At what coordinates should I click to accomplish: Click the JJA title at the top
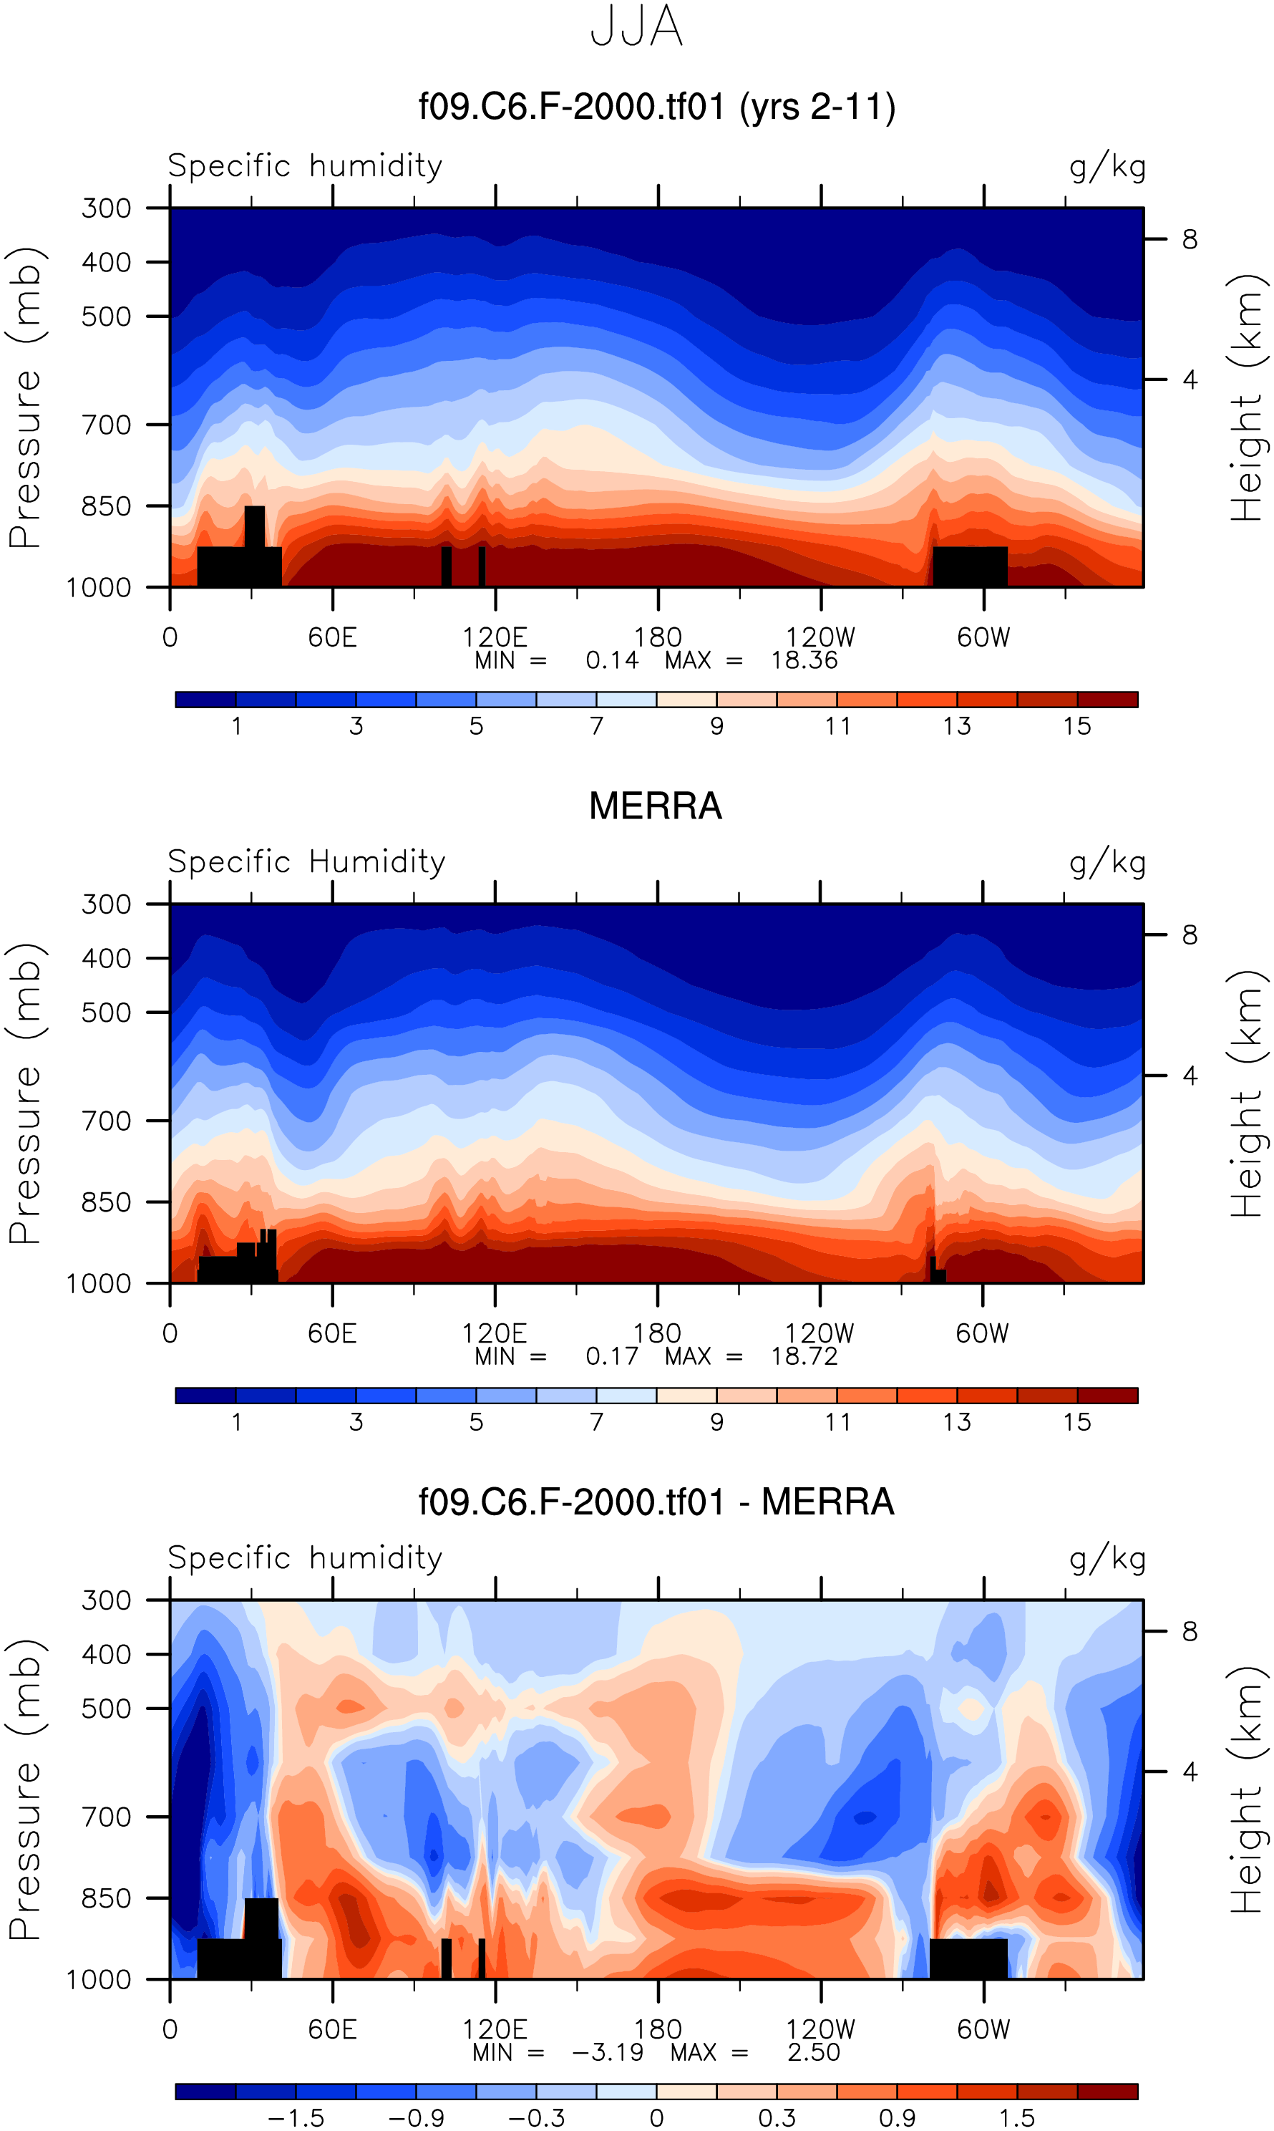coord(636,27)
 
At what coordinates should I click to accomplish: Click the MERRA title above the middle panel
coord(655,806)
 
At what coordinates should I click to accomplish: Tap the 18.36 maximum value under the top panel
coord(804,659)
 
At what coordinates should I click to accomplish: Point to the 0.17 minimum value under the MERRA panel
coord(612,1356)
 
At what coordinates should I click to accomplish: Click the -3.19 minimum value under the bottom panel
coord(607,2052)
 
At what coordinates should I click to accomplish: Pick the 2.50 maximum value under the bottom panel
coord(813,2052)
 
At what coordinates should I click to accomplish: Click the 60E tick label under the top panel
coord(332,637)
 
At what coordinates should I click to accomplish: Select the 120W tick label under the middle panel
coord(820,1333)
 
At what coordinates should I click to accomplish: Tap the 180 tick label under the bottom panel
coord(658,2029)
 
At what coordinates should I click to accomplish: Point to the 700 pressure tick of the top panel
coord(107,425)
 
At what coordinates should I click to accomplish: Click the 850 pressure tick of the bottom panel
coord(107,1898)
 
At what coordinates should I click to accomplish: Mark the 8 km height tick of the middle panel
coord(1189,934)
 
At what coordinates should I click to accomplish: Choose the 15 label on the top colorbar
coord(1076,727)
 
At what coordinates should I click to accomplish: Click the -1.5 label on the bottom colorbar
coord(296,2118)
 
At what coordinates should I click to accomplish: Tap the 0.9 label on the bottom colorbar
coord(897,2118)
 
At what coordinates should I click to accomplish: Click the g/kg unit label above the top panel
coord(1107,167)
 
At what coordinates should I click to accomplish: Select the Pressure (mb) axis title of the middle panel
coord(26,1093)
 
